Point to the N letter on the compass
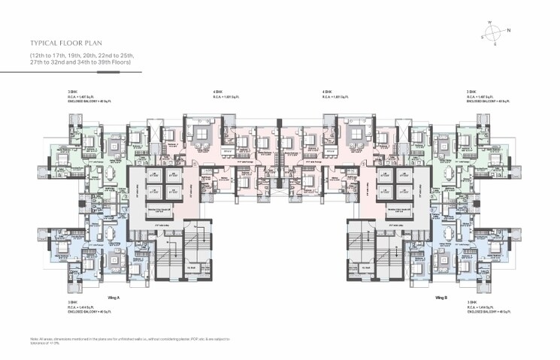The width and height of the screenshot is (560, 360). pos(509,31)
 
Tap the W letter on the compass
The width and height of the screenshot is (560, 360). pos(489,22)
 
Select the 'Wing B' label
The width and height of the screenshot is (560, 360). pos(441,298)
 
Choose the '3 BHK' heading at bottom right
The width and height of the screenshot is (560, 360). pos(471,302)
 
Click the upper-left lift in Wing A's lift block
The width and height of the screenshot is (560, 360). pos(154,174)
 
